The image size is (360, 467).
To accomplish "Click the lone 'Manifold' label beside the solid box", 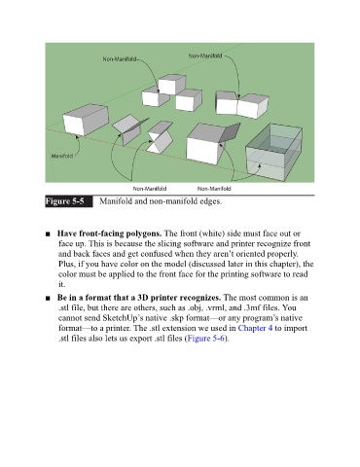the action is pyautogui.click(x=62, y=156).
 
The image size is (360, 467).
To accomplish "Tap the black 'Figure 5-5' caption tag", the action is pyautogui.click(x=69, y=201).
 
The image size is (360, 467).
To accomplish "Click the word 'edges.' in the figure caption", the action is pyautogui.click(x=211, y=201).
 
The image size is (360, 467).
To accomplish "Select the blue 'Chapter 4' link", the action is pyautogui.click(x=255, y=328).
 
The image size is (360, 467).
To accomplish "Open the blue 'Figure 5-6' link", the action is pyautogui.click(x=205, y=339).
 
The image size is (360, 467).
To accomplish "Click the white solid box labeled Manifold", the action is pyautogui.click(x=86, y=120).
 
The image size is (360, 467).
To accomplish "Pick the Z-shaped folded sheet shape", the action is pyautogui.click(x=160, y=137).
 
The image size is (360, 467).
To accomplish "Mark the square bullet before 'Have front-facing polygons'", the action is pyautogui.click(x=48, y=233).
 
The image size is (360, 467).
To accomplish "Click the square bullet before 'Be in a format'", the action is pyautogui.click(x=48, y=298).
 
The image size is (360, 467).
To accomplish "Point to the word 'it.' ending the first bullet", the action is pyautogui.click(x=61, y=284).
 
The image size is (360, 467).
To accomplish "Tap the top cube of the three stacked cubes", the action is pyautogui.click(x=172, y=84).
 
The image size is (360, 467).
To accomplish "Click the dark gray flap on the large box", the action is pyautogui.click(x=230, y=132).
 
